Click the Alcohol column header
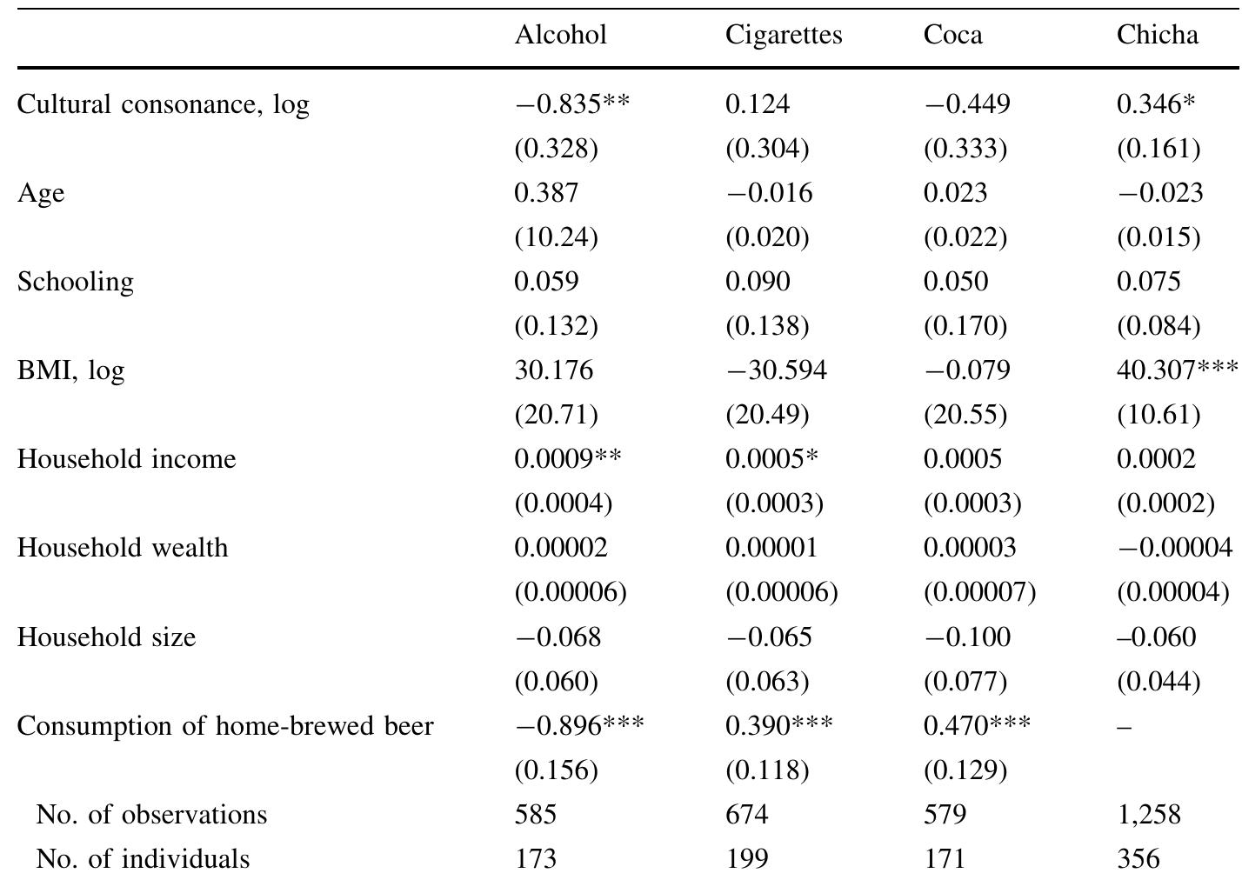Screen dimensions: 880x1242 560,35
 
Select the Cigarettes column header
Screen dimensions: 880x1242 784,35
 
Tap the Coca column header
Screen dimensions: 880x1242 952,35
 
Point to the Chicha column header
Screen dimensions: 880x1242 1157,35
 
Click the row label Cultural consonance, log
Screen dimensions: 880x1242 163,104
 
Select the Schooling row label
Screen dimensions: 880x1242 76,282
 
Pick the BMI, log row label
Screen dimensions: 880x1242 70,370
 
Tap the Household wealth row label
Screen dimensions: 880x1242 123,548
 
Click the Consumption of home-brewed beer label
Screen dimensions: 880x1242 225,725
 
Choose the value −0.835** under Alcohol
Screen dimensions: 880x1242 571,104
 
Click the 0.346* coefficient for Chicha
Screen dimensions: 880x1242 1156,104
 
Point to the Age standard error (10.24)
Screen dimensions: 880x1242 556,237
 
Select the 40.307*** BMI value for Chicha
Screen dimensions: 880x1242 1177,370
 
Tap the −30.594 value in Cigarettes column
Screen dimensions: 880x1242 776,370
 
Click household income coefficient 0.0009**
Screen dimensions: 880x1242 567,459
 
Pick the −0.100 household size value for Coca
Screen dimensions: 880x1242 967,637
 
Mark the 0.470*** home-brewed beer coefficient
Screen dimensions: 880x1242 977,725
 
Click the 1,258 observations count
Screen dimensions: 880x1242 1148,815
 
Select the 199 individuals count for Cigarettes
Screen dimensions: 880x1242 747,859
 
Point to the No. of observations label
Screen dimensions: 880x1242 151,815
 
